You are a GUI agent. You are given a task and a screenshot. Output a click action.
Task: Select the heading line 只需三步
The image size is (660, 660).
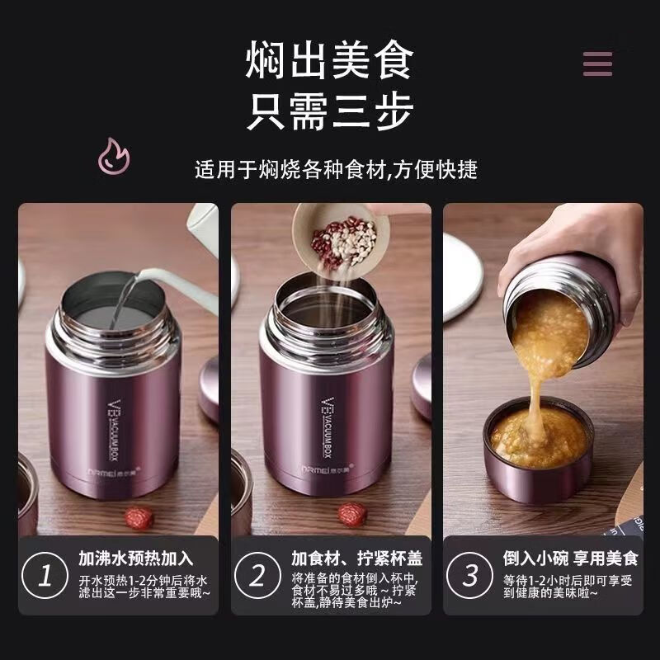(329, 111)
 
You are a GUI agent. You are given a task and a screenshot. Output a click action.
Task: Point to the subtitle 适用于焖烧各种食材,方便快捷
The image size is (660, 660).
(336, 170)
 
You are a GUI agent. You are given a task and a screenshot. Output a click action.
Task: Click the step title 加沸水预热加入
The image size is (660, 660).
(135, 559)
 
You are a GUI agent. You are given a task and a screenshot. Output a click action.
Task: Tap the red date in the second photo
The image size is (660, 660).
(351, 513)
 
